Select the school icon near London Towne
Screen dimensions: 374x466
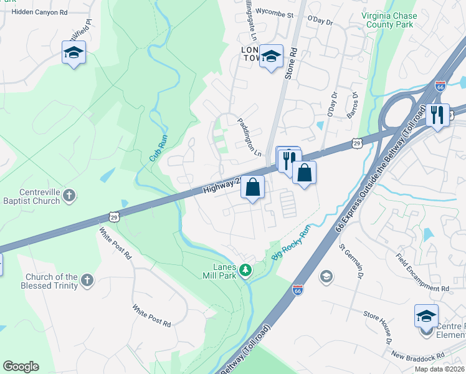(x=271, y=57)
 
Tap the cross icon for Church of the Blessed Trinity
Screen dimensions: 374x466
(x=87, y=280)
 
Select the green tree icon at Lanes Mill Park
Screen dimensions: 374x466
(x=246, y=270)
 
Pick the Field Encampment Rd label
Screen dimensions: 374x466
(x=422, y=272)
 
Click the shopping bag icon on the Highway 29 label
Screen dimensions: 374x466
(x=252, y=187)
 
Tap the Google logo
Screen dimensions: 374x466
(x=21, y=367)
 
